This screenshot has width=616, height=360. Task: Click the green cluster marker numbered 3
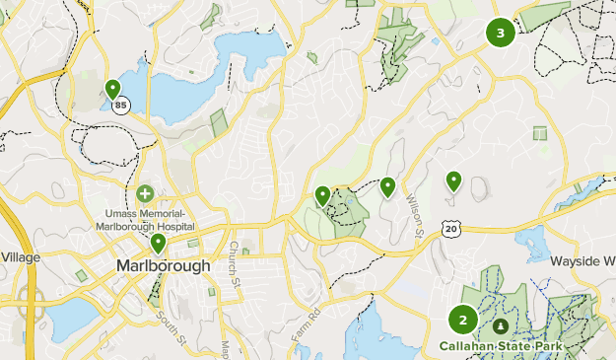point(501,33)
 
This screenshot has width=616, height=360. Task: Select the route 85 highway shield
point(120,106)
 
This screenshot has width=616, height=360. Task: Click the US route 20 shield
point(451,228)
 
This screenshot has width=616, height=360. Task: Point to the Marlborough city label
point(163,266)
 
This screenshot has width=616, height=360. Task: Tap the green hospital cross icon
point(145,192)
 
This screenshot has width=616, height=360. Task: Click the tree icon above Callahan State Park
point(501,325)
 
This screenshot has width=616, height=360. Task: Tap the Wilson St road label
point(414,215)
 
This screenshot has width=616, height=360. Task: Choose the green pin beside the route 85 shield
point(112,90)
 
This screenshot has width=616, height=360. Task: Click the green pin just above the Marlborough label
point(158,242)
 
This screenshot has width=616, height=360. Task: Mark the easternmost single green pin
point(453,180)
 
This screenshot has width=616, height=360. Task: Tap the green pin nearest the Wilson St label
point(387,185)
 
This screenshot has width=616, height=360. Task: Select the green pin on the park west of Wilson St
point(322,195)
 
